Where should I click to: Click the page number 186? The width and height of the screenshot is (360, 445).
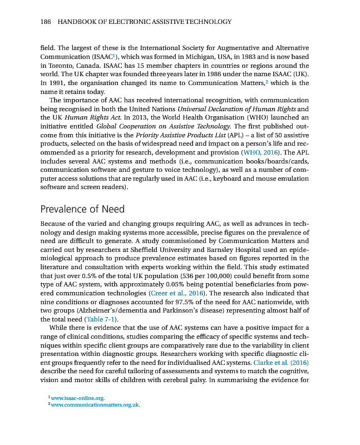point(47,22)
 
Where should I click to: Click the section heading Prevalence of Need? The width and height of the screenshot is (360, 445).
point(82,209)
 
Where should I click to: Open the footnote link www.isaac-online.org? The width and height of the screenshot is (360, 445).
point(77,398)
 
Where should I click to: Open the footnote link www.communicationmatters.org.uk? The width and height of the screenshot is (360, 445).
point(95,405)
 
